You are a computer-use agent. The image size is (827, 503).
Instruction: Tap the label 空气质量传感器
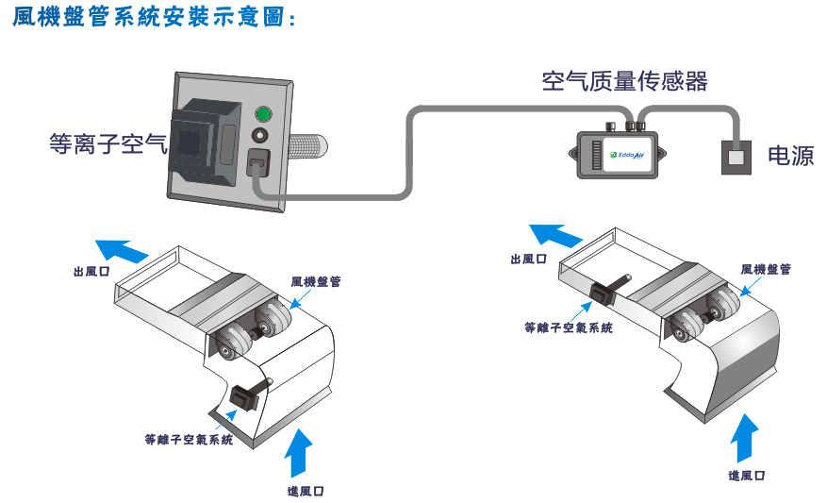pos(624,81)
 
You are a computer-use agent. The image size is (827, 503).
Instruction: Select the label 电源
pos(790,157)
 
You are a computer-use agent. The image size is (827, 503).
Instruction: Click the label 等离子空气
pos(108,144)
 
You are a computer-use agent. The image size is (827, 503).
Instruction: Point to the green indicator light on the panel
pos(263,117)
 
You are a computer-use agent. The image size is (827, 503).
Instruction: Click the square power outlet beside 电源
pos(736,157)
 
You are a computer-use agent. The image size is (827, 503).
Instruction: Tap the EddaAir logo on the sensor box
pos(626,154)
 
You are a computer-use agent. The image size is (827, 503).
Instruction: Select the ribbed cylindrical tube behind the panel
pos(308,148)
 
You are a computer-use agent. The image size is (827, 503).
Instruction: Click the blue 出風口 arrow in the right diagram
pos(555,235)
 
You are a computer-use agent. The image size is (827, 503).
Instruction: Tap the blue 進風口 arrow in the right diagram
pos(745,437)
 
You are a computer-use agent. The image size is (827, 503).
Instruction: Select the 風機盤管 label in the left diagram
pos(316,281)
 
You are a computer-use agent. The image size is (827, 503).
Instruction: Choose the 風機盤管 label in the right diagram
pos(766,269)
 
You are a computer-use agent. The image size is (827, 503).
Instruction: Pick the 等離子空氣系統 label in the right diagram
pos(569,328)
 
